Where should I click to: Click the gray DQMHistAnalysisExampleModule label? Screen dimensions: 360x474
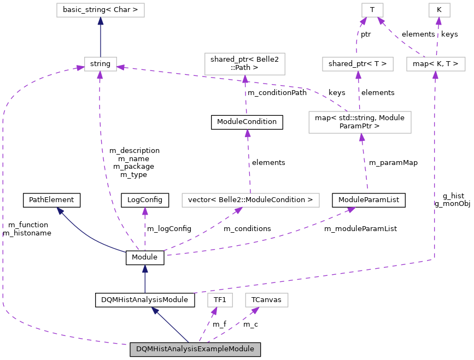[195, 349]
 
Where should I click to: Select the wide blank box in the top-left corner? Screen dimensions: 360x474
[101, 10]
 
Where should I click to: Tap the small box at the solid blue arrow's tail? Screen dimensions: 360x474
[101, 64]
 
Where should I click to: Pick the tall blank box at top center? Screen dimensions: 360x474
[245, 64]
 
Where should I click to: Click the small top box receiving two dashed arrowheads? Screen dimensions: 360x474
[372, 10]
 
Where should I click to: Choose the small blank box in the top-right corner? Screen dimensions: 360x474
[439, 10]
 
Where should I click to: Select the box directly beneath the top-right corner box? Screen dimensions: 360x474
[436, 64]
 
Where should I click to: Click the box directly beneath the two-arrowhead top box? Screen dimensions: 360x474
[358, 64]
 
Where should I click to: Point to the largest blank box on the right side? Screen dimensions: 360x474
[360, 122]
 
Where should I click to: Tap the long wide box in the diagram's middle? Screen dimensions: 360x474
[250, 200]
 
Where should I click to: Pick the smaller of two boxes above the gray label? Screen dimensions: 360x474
[220, 300]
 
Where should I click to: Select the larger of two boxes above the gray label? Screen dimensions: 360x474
[266, 300]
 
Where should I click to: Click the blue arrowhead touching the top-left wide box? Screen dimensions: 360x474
[101, 21]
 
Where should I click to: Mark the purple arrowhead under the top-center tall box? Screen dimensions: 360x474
[245, 79]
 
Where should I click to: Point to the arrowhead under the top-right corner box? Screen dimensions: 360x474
[438, 21]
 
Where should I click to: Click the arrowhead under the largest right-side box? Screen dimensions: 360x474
[361, 137]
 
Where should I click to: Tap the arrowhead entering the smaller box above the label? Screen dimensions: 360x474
[214, 311]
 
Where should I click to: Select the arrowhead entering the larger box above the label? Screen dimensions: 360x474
[255, 310]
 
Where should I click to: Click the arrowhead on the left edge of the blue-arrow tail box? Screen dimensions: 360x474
[80, 68]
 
